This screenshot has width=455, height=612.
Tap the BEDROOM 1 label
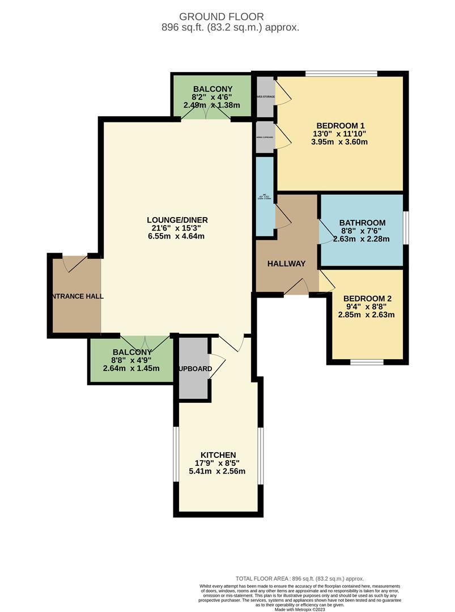click(x=339, y=126)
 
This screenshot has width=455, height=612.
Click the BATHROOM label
click(x=362, y=223)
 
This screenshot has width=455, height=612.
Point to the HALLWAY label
click(x=286, y=263)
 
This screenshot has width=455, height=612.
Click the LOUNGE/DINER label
click(x=176, y=220)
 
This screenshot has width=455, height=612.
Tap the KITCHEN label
click(x=218, y=455)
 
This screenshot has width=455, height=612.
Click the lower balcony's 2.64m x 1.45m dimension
click(x=131, y=368)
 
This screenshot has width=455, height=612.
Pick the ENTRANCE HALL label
click(x=76, y=296)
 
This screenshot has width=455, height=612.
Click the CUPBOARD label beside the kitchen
click(x=195, y=369)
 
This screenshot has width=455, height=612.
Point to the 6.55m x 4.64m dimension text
click(x=176, y=236)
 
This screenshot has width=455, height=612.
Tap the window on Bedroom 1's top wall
click(x=341, y=73)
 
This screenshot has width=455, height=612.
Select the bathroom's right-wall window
click(x=406, y=228)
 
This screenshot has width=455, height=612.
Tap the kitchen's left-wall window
click(x=176, y=456)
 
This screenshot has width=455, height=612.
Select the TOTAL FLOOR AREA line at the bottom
click(x=300, y=579)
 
